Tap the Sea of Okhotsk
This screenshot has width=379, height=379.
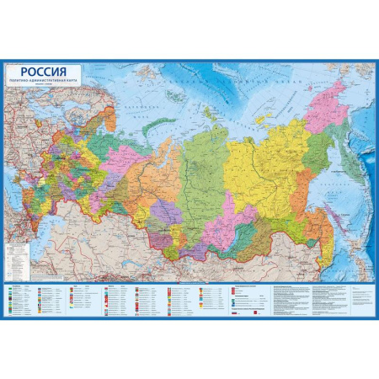point(324,168)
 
